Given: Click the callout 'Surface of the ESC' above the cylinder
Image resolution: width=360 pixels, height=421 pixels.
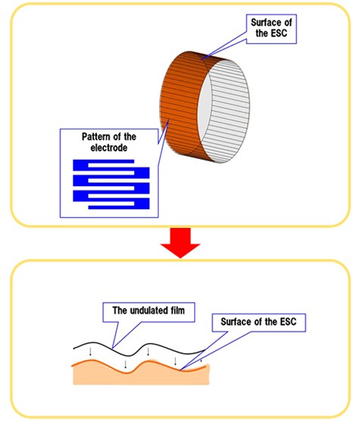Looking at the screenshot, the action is (271, 29).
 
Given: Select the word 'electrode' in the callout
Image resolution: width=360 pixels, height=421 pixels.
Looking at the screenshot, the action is (109, 148).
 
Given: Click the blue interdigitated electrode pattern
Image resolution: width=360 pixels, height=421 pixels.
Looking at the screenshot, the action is (111, 184).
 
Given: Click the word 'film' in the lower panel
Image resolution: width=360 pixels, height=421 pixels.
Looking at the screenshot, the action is (177, 310).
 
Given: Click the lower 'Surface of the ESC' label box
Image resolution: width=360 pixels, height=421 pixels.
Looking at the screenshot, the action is (258, 323).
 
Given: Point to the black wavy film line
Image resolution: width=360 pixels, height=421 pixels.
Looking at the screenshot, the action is (139, 349).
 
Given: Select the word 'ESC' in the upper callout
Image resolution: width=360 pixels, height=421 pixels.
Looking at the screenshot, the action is (280, 33).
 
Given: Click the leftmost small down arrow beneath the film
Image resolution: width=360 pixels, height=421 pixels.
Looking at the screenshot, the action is (90, 352).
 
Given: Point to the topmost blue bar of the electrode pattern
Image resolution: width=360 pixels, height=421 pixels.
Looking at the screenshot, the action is (103, 161).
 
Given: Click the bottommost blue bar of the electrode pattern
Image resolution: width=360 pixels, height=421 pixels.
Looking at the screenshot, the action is (119, 207).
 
